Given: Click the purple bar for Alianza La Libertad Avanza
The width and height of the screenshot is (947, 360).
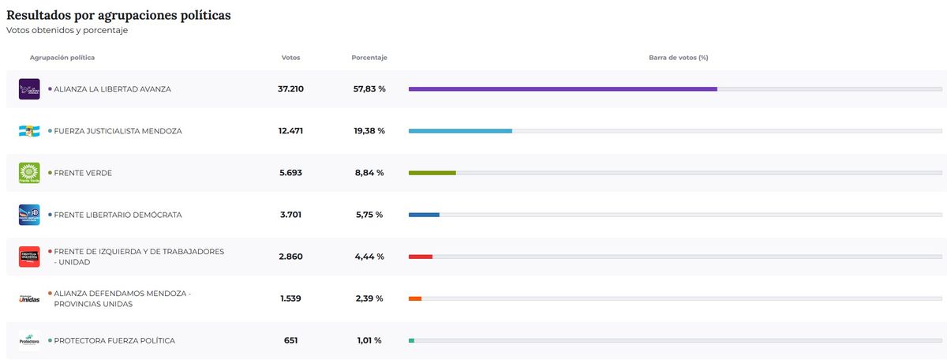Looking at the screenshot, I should coord(563,89).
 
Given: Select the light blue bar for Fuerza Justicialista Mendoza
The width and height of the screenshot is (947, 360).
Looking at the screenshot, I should coord(460,131).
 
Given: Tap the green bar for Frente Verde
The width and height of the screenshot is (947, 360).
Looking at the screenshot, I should coord(432,173).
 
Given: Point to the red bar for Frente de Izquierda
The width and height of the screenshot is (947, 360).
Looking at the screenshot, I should coord(421,257).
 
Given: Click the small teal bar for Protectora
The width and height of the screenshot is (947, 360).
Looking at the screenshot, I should coord(411,340).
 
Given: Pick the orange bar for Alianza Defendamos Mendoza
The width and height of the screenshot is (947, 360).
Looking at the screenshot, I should coord(415,298).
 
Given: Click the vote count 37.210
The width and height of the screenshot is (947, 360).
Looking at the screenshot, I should coord(290,89).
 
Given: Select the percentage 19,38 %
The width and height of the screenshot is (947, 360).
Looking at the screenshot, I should coord(369,131).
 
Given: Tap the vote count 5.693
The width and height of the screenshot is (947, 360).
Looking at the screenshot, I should coord(290,173).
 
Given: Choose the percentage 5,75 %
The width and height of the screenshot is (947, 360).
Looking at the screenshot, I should coord(369,215).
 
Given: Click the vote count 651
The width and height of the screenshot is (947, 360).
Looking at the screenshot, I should coord(290,340).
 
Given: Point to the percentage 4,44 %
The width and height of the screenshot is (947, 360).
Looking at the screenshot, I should coord(369,257).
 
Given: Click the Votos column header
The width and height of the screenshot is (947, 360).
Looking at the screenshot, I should coord(290,58).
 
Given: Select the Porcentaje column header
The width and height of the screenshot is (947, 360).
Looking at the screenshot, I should coord(369,58).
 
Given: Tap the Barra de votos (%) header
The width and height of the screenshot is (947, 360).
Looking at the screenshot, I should coord(678,58).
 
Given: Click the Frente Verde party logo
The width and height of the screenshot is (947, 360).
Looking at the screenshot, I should coord(29,173).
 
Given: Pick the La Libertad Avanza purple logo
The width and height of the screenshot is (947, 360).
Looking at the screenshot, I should coord(29,89).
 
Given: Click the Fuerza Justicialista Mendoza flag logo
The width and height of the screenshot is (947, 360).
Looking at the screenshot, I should coord(29,131).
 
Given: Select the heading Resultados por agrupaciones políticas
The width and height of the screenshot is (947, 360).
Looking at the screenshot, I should coord(118,15).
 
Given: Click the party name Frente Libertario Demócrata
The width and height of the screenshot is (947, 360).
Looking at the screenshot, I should coord(118,215).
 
